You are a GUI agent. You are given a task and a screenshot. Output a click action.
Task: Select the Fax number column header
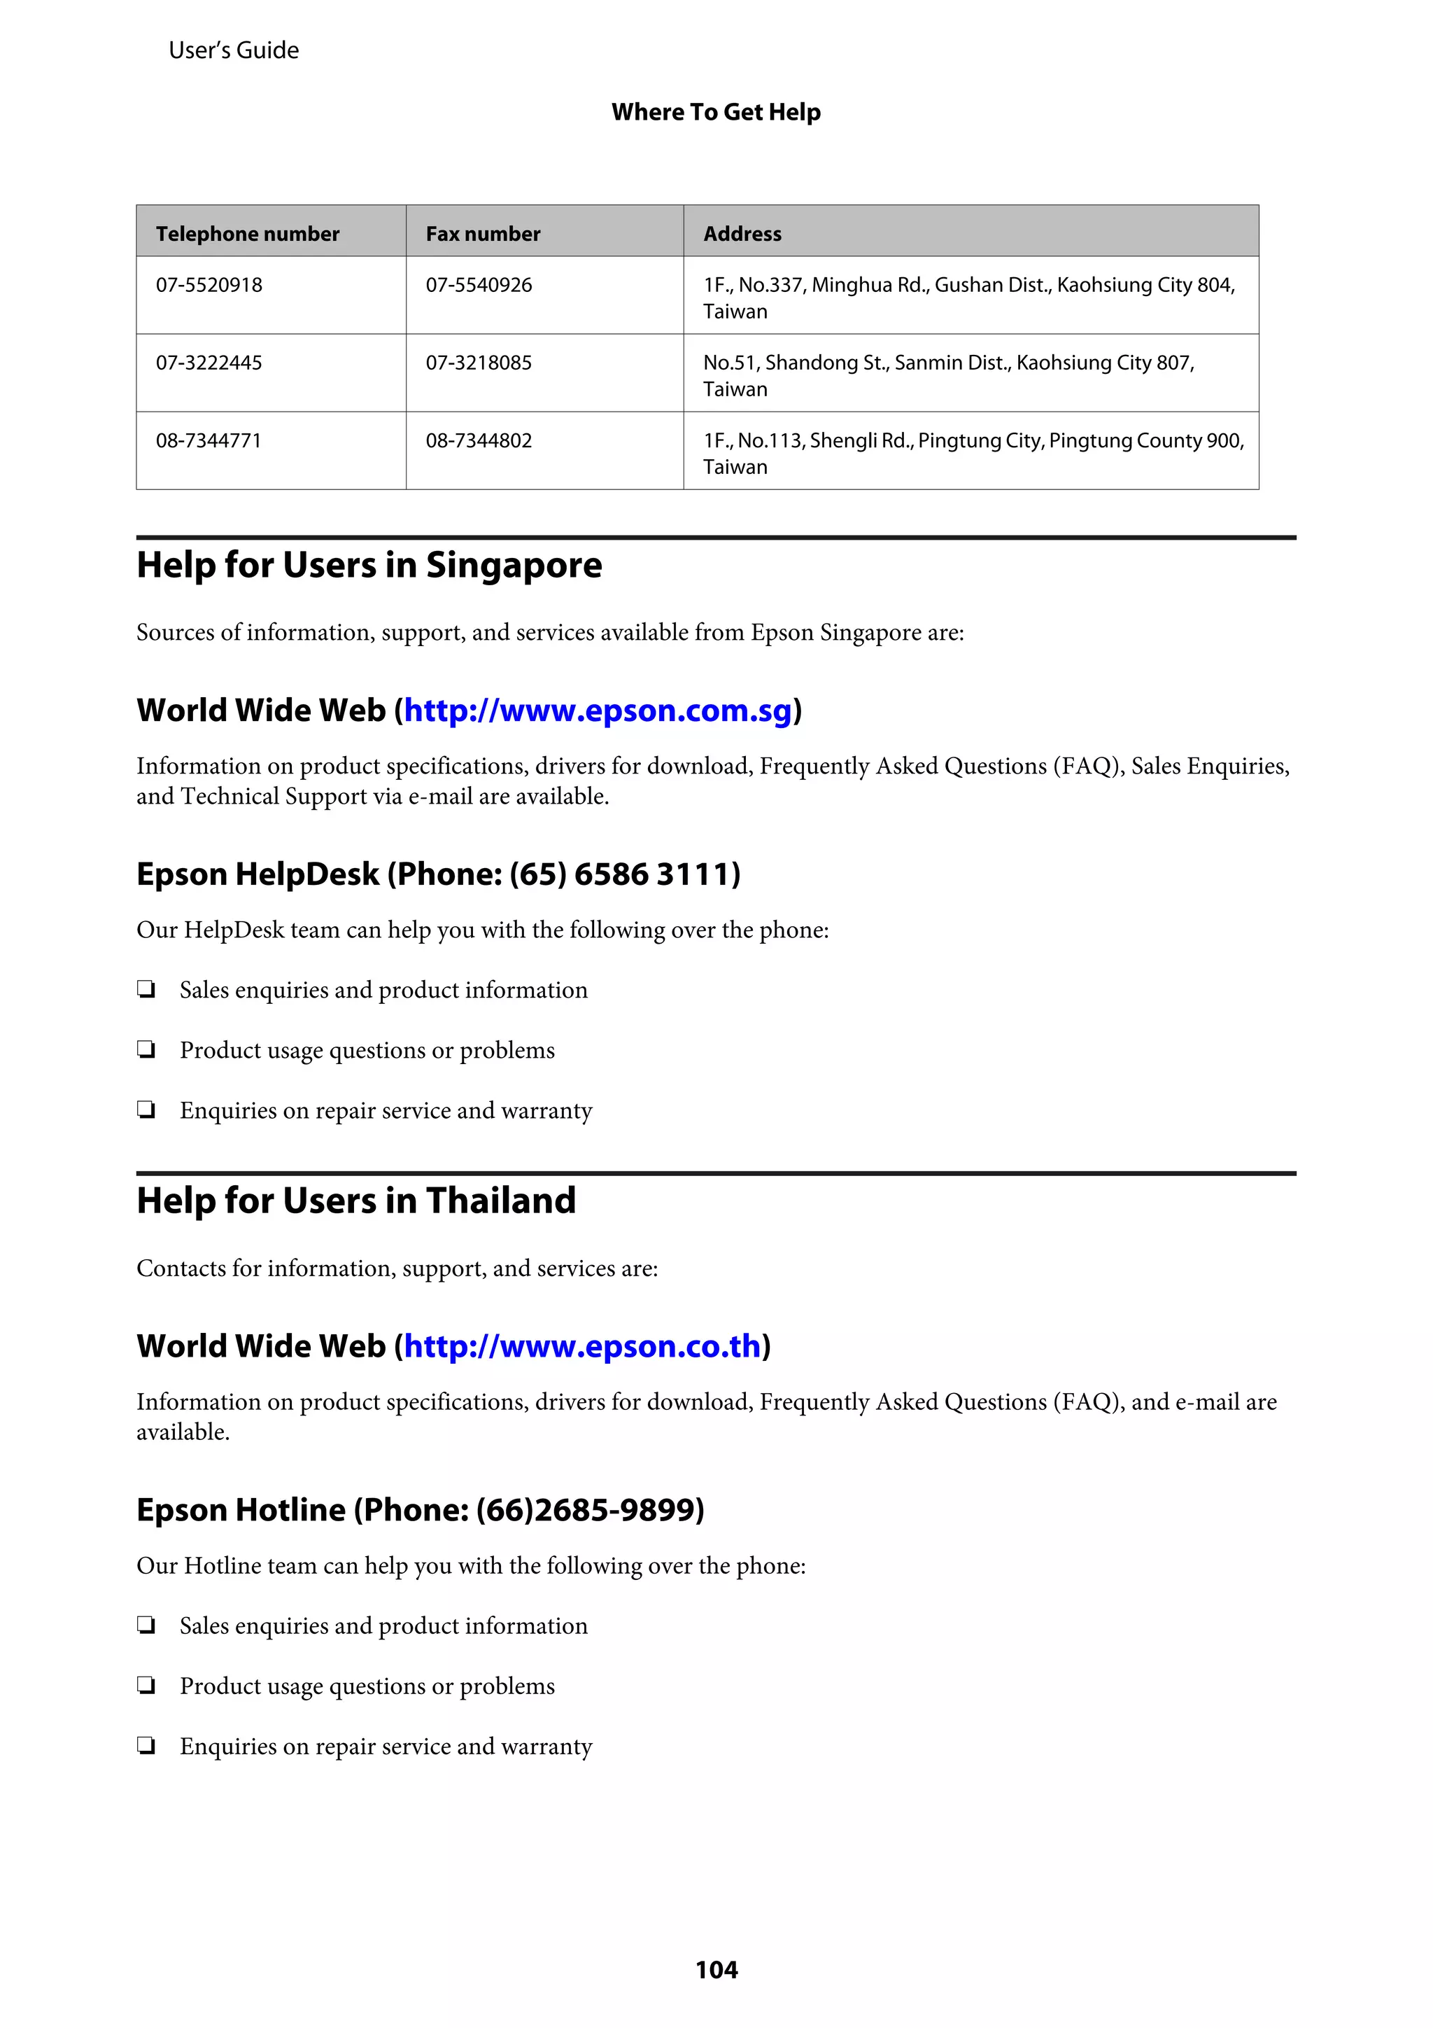(x=482, y=234)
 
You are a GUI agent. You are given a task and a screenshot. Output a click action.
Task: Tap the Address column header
(x=742, y=234)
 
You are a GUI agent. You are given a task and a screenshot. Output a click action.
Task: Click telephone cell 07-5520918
(x=209, y=286)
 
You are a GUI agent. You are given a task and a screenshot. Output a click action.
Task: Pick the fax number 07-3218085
(x=479, y=363)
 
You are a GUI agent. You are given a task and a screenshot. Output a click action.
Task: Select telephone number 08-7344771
(x=209, y=441)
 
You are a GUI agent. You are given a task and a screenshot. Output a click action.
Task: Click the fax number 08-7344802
(x=479, y=441)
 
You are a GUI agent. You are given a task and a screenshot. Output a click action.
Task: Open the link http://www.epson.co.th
(x=582, y=1347)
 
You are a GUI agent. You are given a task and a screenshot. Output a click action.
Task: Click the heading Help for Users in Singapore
(x=369, y=566)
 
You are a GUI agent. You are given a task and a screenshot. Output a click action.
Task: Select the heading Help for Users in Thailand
(x=356, y=1201)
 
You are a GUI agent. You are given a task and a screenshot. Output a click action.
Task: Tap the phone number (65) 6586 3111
(x=625, y=874)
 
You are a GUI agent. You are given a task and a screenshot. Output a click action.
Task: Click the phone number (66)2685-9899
(x=590, y=1511)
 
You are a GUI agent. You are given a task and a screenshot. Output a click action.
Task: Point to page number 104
(x=716, y=1970)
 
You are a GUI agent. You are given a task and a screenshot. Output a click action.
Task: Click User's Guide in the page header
(x=233, y=50)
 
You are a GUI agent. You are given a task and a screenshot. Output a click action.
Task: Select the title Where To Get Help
(x=716, y=112)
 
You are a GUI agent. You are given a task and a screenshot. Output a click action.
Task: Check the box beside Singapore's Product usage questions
(x=146, y=1049)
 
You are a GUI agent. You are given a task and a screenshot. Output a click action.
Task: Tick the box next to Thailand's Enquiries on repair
(x=146, y=1745)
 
